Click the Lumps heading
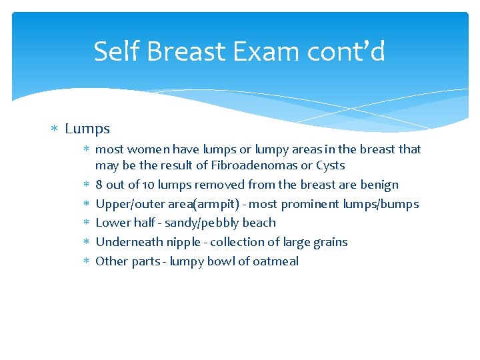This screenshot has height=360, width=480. tap(87, 129)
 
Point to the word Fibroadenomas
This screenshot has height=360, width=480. tap(254, 165)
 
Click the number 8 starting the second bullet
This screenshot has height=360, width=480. tap(99, 185)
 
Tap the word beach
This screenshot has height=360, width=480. tap(259, 223)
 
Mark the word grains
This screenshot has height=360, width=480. tap(329, 242)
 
